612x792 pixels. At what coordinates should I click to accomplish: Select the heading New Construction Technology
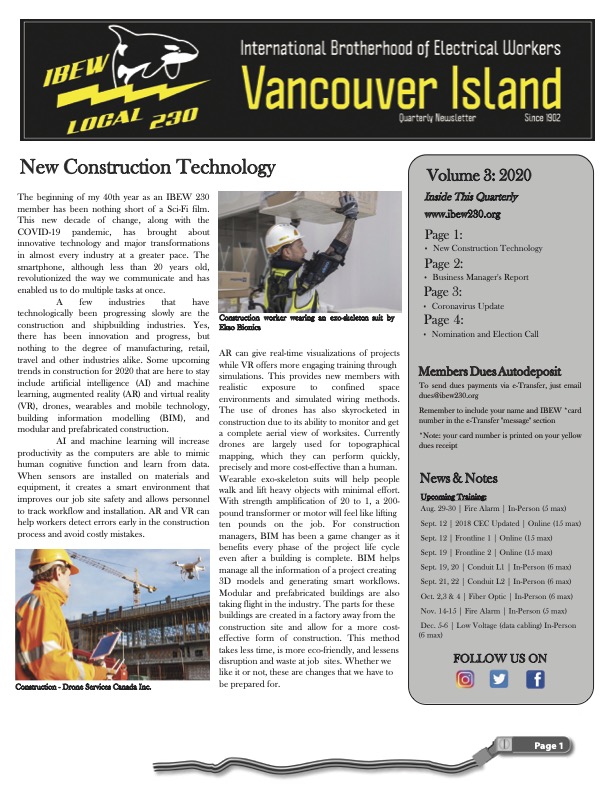[147, 166]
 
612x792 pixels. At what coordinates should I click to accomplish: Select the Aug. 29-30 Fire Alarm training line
[492, 510]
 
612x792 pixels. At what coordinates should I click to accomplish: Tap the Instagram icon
[465, 680]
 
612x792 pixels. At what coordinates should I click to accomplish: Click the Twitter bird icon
[500, 680]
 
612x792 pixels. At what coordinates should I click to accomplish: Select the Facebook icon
[535, 680]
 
